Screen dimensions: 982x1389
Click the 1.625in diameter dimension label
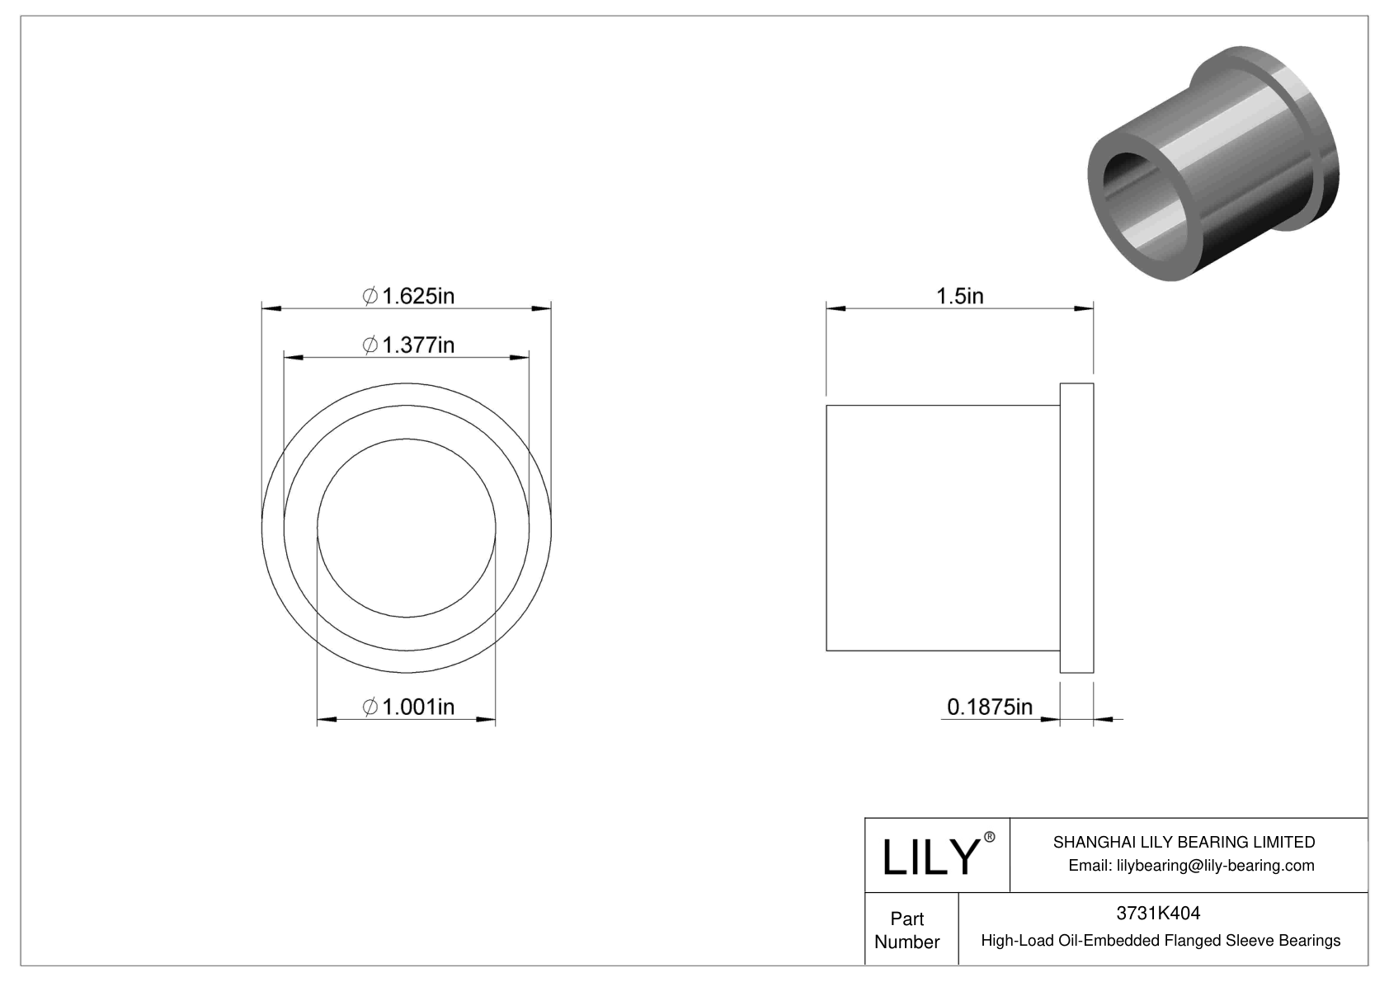(409, 295)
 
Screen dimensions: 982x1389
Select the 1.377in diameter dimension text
(409, 345)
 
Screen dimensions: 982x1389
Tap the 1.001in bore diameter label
(409, 707)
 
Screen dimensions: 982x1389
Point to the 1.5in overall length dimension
(959, 295)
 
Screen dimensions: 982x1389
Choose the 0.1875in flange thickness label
(989, 707)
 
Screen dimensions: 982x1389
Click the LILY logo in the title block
(930, 857)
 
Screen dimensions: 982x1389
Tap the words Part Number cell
(907, 930)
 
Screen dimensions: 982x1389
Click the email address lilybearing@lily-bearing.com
(1191, 865)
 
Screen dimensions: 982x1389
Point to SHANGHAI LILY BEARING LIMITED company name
(1184, 842)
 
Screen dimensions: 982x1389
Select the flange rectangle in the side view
(1076, 528)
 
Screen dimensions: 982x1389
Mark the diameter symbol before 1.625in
(370, 295)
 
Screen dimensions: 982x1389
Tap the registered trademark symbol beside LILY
(990, 837)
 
